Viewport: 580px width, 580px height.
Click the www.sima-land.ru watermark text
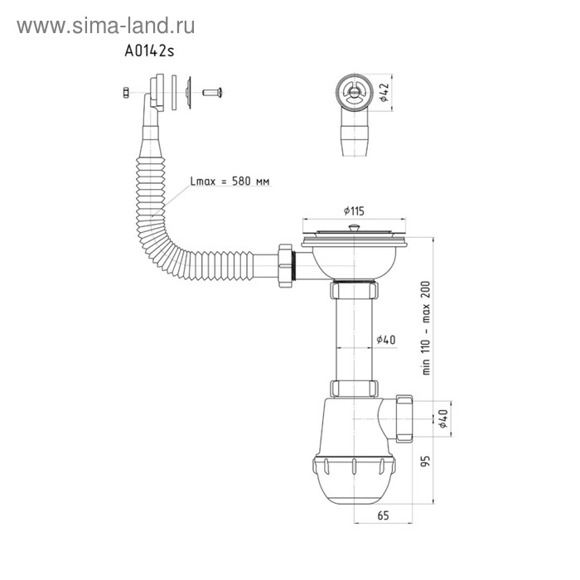point(105,27)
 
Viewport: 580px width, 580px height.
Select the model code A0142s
point(150,51)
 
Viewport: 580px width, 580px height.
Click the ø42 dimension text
point(383,92)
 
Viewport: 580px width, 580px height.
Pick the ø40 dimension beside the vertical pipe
point(384,340)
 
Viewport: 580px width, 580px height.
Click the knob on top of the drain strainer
point(354,225)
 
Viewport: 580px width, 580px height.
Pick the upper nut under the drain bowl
point(354,290)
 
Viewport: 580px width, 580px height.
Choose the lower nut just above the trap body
point(354,389)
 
